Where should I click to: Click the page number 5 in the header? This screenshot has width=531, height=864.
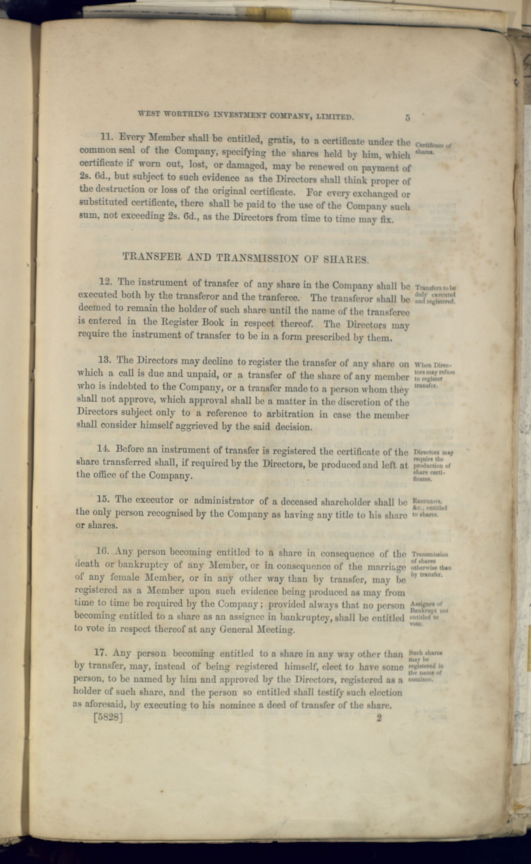click(407, 118)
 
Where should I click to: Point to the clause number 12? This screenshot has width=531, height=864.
click(105, 282)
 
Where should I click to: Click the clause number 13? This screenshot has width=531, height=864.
click(104, 360)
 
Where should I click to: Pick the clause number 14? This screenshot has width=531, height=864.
click(104, 449)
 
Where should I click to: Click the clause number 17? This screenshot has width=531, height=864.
click(101, 653)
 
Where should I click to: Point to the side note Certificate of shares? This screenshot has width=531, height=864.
click(433, 148)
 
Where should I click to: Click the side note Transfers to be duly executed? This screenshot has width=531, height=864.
click(435, 294)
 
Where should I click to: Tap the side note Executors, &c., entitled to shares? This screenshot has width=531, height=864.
click(429, 508)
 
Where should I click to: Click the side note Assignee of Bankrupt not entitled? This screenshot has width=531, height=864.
click(429, 613)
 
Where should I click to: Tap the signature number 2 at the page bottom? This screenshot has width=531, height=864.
click(379, 718)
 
